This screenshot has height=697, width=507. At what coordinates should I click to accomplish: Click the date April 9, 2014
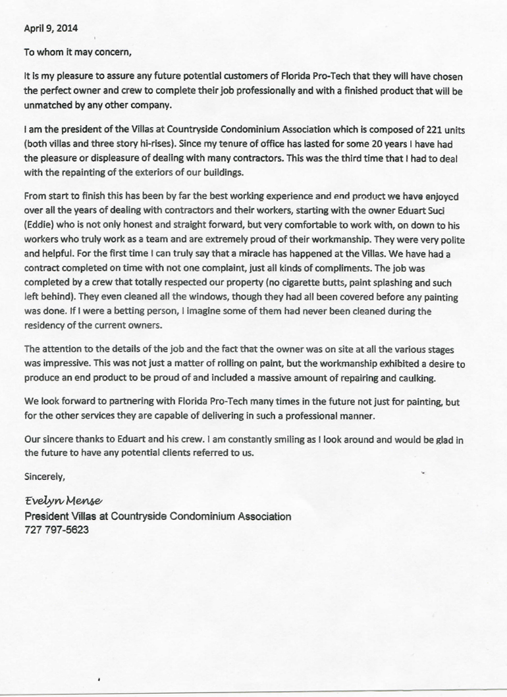(x=50, y=28)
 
